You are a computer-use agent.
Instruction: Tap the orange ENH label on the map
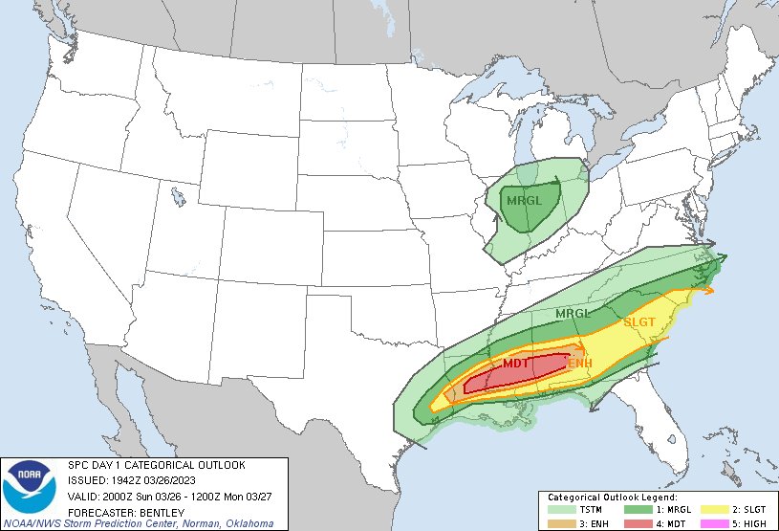click(x=580, y=364)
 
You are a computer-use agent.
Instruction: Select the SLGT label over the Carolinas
click(x=639, y=322)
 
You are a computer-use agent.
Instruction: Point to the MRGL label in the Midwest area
click(x=524, y=201)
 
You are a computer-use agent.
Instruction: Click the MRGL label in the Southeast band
click(x=574, y=313)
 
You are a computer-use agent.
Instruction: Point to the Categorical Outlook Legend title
click(x=612, y=498)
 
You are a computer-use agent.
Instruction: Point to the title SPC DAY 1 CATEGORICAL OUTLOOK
click(x=157, y=465)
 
